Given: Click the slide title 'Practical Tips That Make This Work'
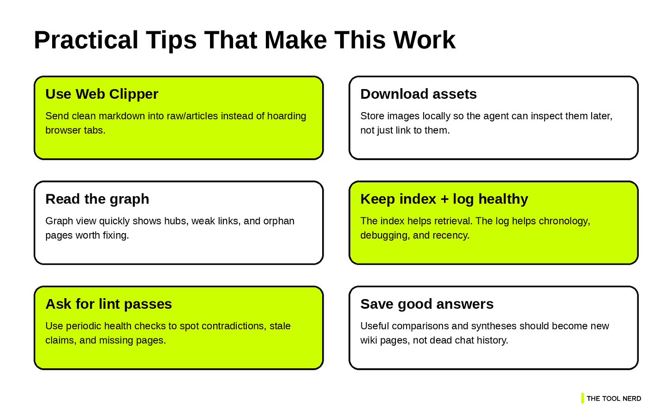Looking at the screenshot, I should pos(245,40).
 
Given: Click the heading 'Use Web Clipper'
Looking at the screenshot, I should pos(102,94).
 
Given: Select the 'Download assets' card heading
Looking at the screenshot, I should pos(418,94).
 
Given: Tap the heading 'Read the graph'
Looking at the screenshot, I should pos(97,199).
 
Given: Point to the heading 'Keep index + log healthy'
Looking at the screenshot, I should pos(444,199).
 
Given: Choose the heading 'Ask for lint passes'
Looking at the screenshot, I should pos(108,304).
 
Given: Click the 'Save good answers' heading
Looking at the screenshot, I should pos(427,304).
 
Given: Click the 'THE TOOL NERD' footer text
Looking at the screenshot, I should pos(614,399).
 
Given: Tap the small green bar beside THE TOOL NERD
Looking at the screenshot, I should pos(582,398).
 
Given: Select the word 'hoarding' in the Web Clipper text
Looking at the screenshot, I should pos(287,116).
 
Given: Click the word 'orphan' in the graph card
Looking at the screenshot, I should pos(279,221).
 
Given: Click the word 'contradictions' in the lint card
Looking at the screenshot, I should pos(234,326).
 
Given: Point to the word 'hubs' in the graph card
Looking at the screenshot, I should pos(175,221).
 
